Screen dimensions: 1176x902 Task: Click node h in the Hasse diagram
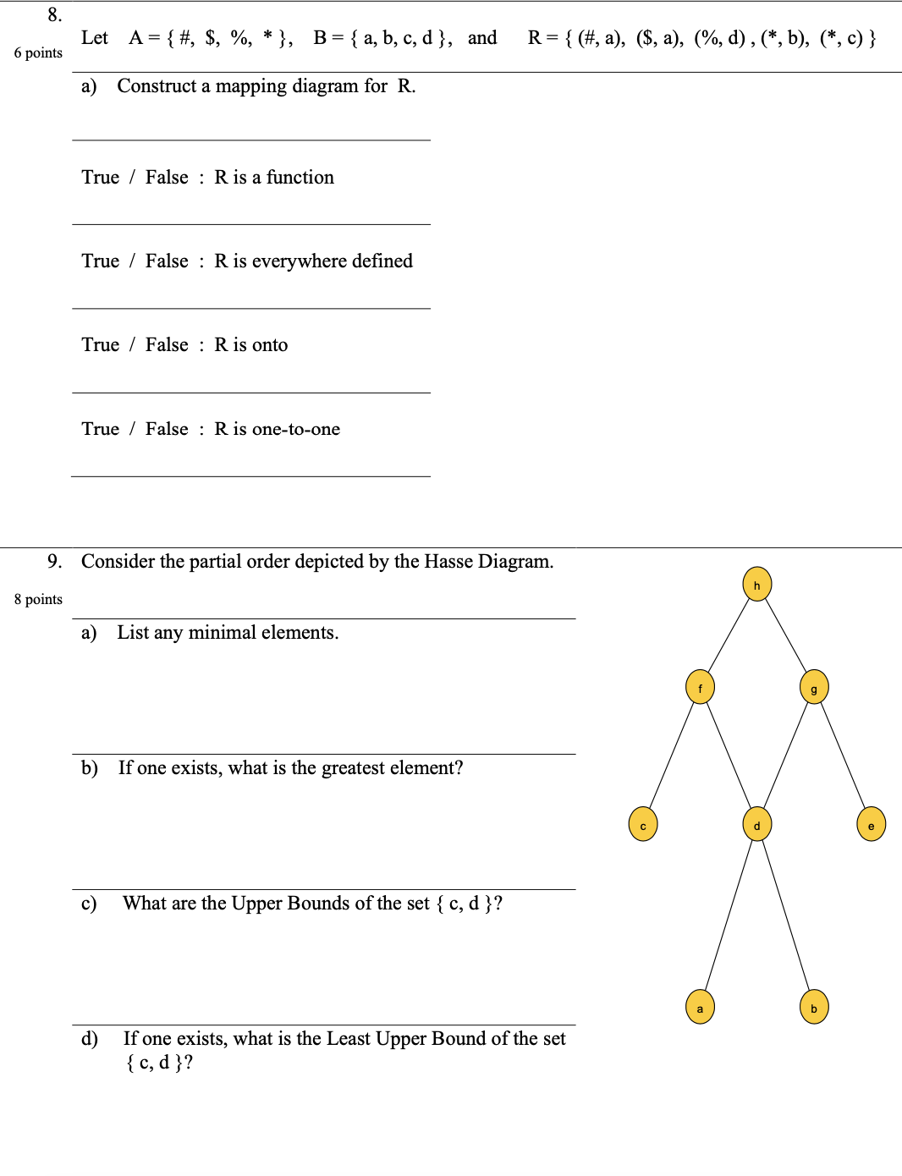[x=756, y=585]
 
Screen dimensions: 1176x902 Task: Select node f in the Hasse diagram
[x=700, y=687]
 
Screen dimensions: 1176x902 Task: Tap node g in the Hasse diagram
[x=813, y=687]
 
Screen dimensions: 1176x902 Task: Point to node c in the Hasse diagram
[x=643, y=825]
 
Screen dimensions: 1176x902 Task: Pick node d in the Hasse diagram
[x=756, y=825]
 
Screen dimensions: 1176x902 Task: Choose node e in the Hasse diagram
[x=871, y=825]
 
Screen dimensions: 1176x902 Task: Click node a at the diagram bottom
[x=700, y=1008]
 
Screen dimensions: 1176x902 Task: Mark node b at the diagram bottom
[x=813, y=1008]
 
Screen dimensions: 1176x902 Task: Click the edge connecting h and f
[x=729, y=635]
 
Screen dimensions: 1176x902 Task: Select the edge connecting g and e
[x=843, y=756]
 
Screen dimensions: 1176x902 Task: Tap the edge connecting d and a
[x=729, y=916]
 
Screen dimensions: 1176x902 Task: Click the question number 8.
[x=54, y=14]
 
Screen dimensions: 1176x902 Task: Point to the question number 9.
[x=54, y=561]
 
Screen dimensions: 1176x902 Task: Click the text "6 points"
[x=38, y=52]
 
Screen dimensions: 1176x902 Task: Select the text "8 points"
[x=38, y=599]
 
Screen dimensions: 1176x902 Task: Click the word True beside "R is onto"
[x=100, y=344]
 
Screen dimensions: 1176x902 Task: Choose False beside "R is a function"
[x=167, y=177]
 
